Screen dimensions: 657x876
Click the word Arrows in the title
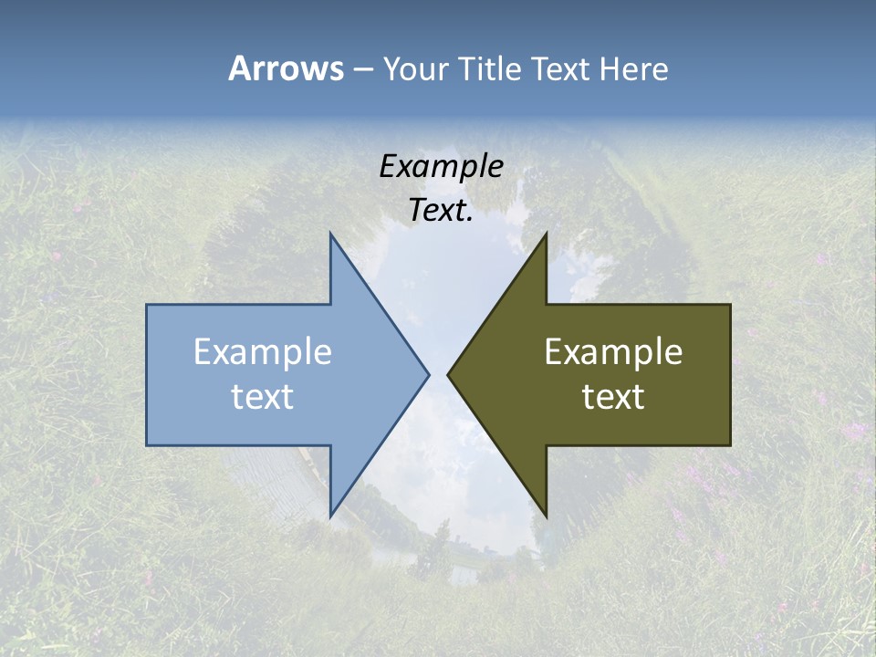(x=286, y=68)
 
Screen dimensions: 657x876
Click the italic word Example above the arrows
(x=441, y=166)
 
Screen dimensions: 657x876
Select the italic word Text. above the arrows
(x=441, y=211)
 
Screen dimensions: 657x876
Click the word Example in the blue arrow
(x=263, y=351)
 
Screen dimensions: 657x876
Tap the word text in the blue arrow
(x=263, y=396)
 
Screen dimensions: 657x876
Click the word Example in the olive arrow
(x=613, y=351)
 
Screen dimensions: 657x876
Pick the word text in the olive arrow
(x=613, y=396)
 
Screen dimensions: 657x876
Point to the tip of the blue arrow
(x=429, y=374)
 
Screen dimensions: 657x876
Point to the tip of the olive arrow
(x=447, y=374)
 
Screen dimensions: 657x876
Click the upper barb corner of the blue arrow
(x=330, y=233)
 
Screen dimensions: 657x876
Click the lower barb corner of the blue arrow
(x=330, y=516)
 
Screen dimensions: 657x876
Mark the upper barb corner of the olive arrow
(x=546, y=233)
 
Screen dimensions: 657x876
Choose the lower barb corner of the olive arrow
(x=546, y=516)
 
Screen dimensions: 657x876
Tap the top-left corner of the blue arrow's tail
(x=147, y=305)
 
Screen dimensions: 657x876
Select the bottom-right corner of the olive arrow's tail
(x=730, y=445)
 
